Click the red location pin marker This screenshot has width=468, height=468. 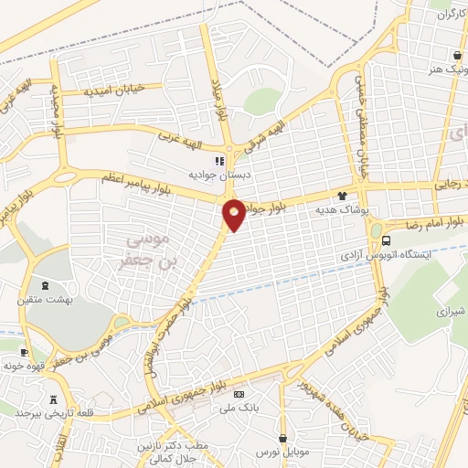pyautogui.click(x=234, y=213)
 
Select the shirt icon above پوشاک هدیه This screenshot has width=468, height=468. pyautogui.click(x=342, y=196)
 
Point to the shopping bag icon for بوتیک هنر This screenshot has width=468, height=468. pyautogui.click(x=456, y=54)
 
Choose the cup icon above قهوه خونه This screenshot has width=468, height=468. pyautogui.click(x=24, y=353)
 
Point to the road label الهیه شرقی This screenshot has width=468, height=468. pyautogui.click(x=271, y=135)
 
